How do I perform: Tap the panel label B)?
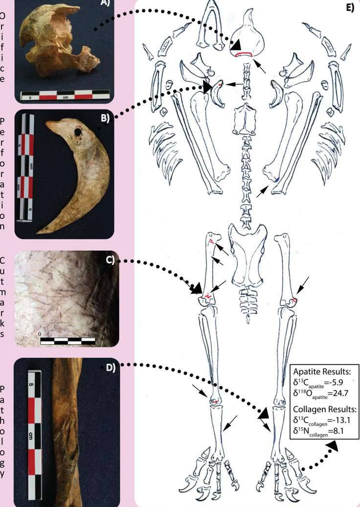pos(105,118)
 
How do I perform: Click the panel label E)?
pos(350,8)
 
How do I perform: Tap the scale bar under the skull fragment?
pos(65,94)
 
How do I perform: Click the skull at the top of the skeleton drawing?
pos(248,39)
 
